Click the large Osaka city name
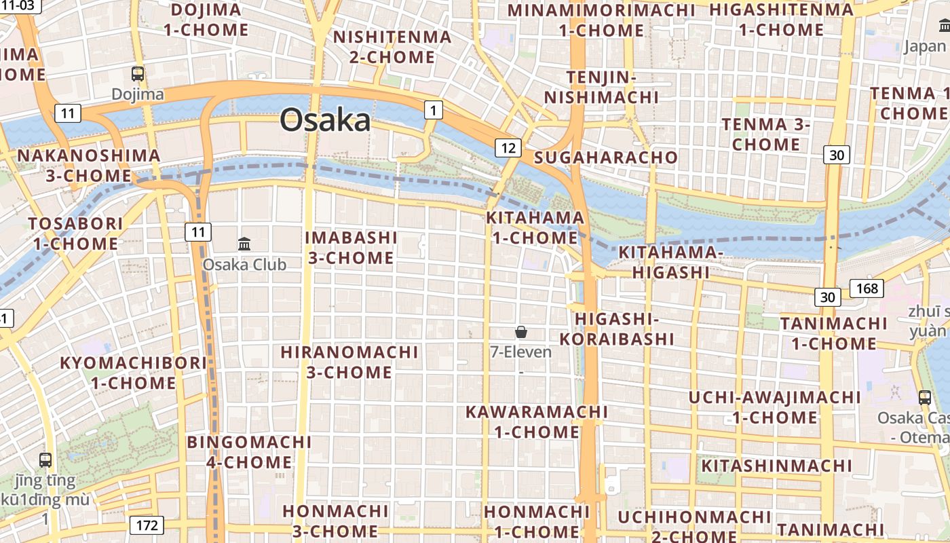(325, 120)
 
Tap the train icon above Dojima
(138, 74)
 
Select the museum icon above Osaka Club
(244, 244)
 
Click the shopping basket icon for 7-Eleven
(521, 332)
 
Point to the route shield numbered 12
(508, 147)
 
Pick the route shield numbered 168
(867, 288)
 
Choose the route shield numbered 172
(147, 525)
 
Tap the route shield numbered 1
(434, 109)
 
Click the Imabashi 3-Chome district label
(351, 248)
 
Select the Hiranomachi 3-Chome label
(349, 362)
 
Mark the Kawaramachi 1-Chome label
(536, 422)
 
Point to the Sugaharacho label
(606, 157)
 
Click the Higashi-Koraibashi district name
(624, 329)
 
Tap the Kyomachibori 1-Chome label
(134, 373)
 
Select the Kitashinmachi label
(776, 466)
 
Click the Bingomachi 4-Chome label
(249, 452)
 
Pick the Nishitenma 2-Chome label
(392, 47)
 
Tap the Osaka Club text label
(244, 265)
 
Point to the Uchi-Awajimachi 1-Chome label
(775, 407)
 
